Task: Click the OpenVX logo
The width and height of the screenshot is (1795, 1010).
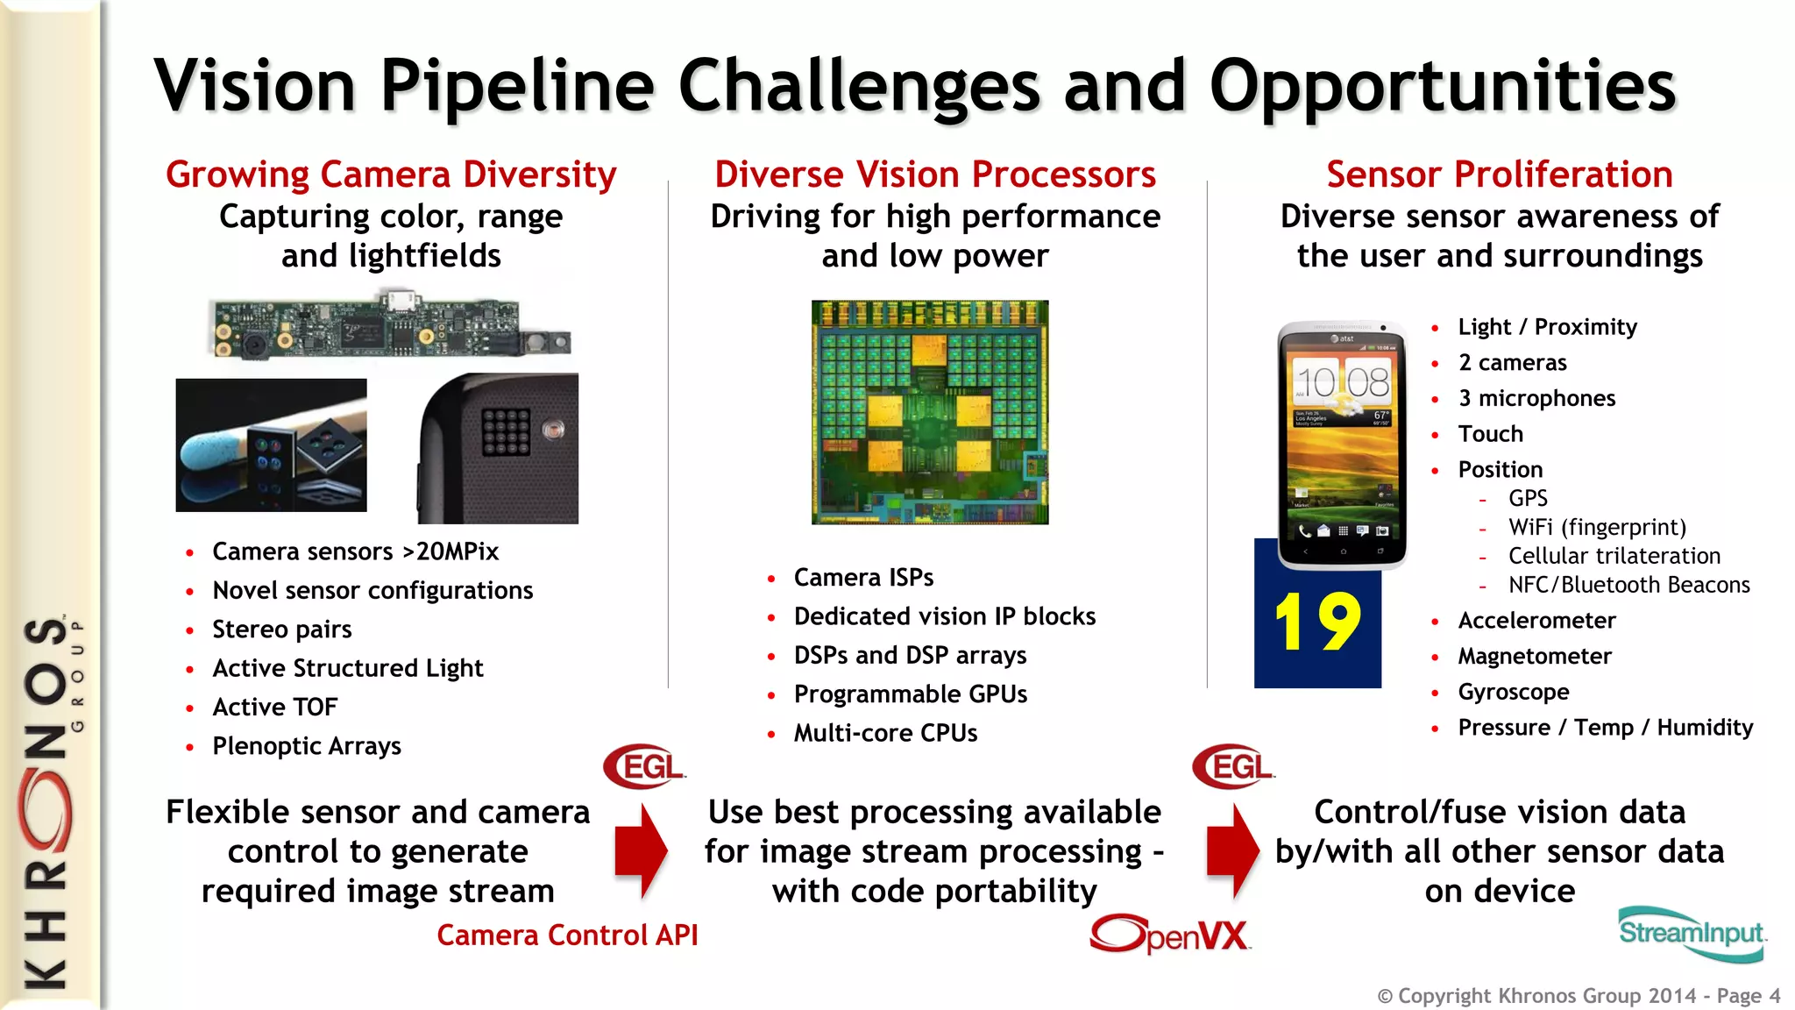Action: pyautogui.click(x=1170, y=935)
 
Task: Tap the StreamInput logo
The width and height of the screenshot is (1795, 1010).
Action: pyautogui.click(x=1691, y=933)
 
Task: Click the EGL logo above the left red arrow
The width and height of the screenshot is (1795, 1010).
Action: pyautogui.click(x=644, y=767)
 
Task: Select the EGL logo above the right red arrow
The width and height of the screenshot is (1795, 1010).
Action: pyautogui.click(x=1233, y=767)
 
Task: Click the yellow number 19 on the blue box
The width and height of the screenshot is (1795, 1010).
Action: pyautogui.click(x=1316, y=622)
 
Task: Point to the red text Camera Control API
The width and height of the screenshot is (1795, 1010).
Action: pyautogui.click(x=567, y=935)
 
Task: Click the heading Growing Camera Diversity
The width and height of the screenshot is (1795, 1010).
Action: pyautogui.click(x=391, y=174)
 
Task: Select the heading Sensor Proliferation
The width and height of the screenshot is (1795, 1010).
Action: pyautogui.click(x=1499, y=174)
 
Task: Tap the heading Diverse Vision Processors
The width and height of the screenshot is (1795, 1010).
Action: pyautogui.click(x=935, y=174)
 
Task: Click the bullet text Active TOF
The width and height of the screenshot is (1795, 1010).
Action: pyautogui.click(x=274, y=707)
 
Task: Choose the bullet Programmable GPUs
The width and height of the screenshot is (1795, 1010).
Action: pyautogui.click(x=910, y=694)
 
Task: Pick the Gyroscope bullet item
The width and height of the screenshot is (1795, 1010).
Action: pyautogui.click(x=1513, y=692)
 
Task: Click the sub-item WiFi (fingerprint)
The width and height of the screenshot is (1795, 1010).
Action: pyautogui.click(x=1596, y=527)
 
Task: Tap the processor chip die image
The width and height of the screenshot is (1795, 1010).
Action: pyautogui.click(x=930, y=412)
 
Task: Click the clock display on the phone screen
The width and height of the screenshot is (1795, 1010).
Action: pyautogui.click(x=1342, y=382)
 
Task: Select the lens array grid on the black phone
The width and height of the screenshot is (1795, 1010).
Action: pyautogui.click(x=506, y=432)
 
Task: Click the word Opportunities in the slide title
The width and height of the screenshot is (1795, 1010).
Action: pyautogui.click(x=1442, y=86)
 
